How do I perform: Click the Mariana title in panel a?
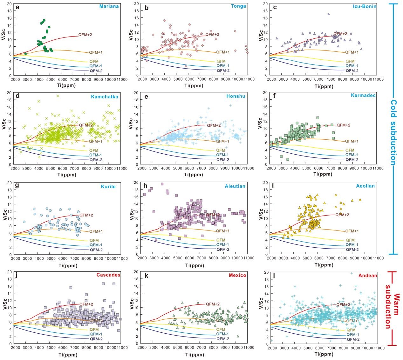(109, 6)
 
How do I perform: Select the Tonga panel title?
(238, 6)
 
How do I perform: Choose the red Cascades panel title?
(108, 275)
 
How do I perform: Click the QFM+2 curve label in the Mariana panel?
(85, 35)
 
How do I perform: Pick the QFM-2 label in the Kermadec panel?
(352, 160)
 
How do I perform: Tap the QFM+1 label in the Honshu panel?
(222, 141)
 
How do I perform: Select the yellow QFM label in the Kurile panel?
(94, 240)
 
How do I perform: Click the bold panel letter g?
(17, 186)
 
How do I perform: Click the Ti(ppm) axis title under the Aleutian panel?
(194, 265)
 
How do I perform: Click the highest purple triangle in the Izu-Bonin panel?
(329, 14)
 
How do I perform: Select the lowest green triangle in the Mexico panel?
(238, 336)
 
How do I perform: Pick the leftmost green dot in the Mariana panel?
(26, 54)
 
